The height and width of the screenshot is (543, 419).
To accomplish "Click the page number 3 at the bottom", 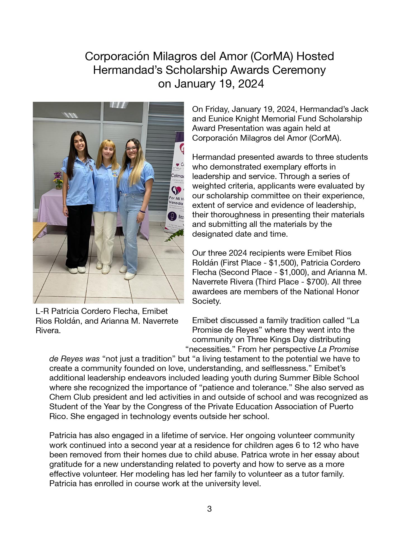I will pos(209,509).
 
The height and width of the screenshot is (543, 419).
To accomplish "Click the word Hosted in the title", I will pos(315,56).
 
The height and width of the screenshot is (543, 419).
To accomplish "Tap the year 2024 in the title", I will pos(251,84).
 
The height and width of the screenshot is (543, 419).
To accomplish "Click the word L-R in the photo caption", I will pos(42,311).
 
